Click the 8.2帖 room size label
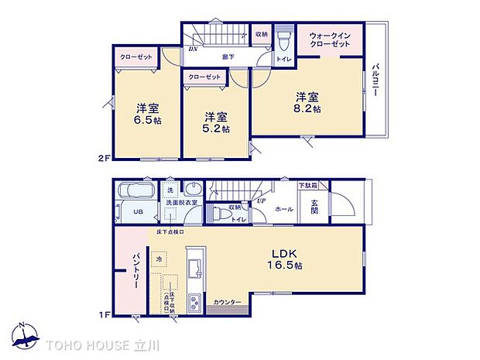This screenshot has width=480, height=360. [x=307, y=109]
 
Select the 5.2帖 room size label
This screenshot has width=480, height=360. [x=216, y=129]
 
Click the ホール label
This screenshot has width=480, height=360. [x=283, y=209]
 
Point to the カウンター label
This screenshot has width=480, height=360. [x=227, y=303]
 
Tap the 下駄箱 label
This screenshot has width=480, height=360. [x=312, y=186]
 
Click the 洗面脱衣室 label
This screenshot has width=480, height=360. [x=182, y=202]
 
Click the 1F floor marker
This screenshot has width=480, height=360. [x=103, y=315]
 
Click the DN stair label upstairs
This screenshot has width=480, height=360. [x=193, y=49]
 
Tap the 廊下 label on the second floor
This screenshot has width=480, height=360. [x=228, y=57]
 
